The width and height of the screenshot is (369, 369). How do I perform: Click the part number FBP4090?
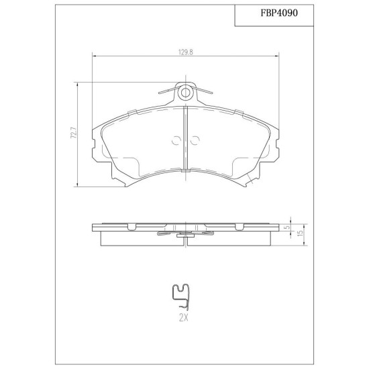(x=279, y=13)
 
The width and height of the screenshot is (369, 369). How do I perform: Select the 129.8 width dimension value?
(x=185, y=52)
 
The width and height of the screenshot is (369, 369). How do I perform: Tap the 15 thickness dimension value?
(x=300, y=233)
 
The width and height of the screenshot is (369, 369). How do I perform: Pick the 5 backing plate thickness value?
(x=286, y=227)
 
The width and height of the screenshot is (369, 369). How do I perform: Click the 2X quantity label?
(x=184, y=318)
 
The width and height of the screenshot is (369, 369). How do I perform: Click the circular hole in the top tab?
(x=185, y=93)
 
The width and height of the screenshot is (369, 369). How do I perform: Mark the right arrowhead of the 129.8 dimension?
(x=276, y=56)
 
